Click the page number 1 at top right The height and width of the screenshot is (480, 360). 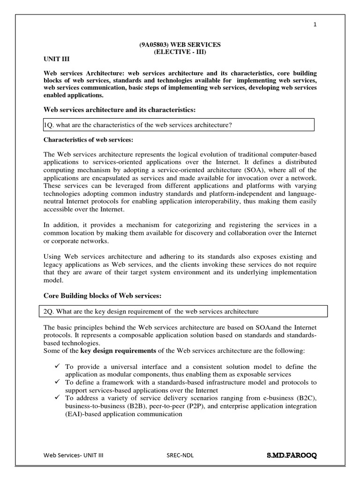[315, 25]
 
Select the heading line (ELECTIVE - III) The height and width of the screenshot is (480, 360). [180, 52]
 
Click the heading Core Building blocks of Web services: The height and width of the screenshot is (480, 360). [102, 295]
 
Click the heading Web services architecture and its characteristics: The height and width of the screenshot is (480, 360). [119, 110]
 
